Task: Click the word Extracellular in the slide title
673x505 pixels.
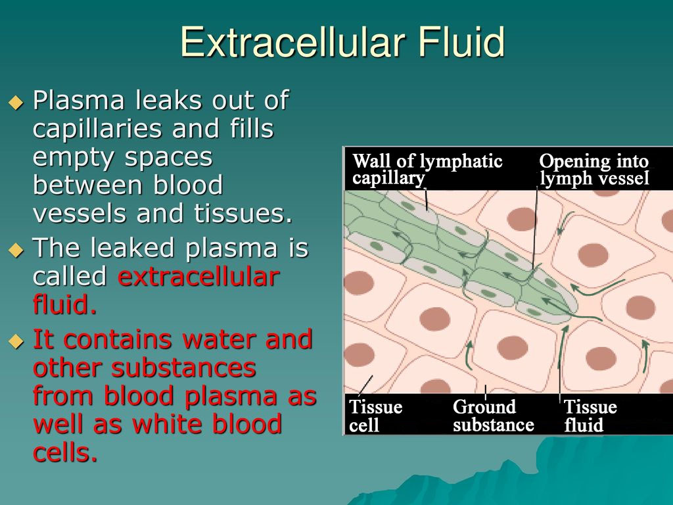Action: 292,41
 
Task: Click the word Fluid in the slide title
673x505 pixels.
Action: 461,41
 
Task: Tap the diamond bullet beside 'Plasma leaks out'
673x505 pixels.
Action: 16,102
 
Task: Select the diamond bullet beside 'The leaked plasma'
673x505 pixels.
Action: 16,249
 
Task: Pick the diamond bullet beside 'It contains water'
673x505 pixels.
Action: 16,341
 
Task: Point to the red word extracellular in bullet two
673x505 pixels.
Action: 198,277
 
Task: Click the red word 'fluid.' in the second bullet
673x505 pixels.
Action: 65,304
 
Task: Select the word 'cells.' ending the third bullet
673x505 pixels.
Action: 65,452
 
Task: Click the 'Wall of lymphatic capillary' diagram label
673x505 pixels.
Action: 427,169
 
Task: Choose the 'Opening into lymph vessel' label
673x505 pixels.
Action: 594,169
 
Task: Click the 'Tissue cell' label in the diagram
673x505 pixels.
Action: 375,416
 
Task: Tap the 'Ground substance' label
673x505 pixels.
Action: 493,416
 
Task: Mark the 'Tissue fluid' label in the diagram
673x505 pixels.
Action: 590,416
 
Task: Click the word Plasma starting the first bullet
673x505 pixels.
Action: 79,101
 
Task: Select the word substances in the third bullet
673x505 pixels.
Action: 183,368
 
